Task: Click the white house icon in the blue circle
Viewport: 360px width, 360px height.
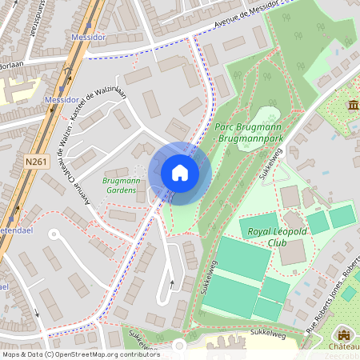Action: pyautogui.click(x=180, y=173)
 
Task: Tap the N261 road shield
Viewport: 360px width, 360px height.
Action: pyautogui.click(x=36, y=162)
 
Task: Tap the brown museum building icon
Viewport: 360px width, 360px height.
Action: pyautogui.click(x=353, y=106)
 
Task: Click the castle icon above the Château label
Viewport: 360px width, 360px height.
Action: pyautogui.click(x=344, y=334)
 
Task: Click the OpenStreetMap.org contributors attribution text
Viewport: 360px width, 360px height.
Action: pyautogui.click(x=104, y=354)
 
